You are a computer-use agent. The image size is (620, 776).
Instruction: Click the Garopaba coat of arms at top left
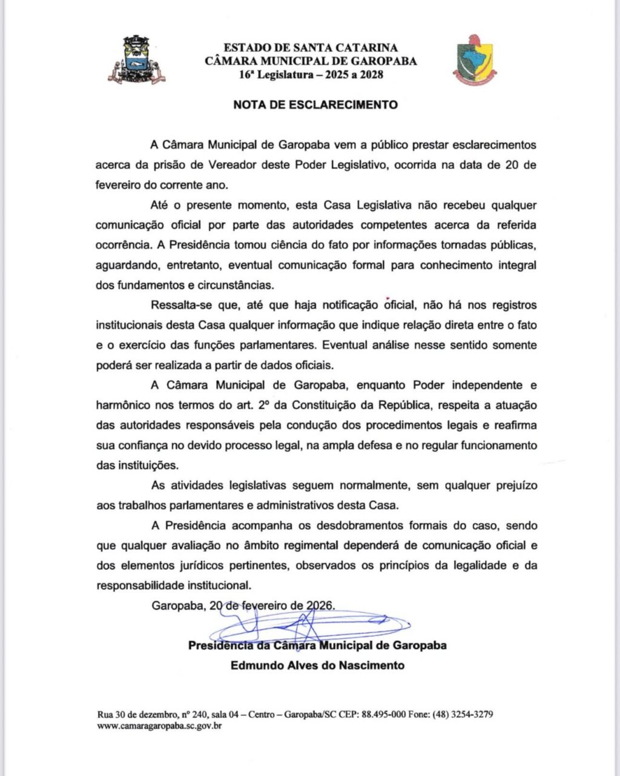click(136, 59)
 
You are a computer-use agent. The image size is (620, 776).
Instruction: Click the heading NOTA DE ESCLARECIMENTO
click(315, 105)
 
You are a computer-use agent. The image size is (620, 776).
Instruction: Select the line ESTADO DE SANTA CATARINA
click(311, 47)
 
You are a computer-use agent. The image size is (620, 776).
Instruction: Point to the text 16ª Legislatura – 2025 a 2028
click(311, 75)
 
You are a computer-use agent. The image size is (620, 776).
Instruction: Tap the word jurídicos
click(193, 566)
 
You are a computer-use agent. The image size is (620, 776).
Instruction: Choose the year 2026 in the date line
click(320, 606)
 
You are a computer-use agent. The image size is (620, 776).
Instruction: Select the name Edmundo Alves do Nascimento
click(317, 665)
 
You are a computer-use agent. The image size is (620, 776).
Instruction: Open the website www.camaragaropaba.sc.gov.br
click(159, 726)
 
